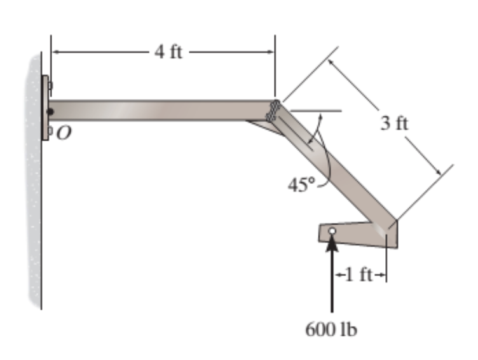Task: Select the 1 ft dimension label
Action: pos(359,275)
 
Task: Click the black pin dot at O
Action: pos(51,112)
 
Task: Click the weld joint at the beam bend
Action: pos(274,111)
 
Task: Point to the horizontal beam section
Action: pos(159,110)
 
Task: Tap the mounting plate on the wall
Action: pos(45,108)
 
